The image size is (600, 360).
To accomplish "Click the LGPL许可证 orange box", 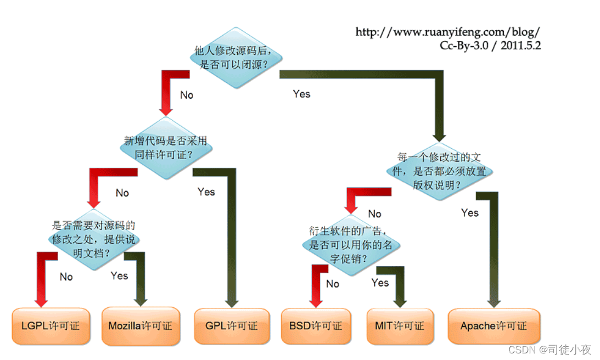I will [x=50, y=326].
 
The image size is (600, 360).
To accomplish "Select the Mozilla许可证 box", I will [x=140, y=326].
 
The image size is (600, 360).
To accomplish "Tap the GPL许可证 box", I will [x=232, y=325].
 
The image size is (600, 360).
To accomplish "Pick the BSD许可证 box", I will [x=316, y=326].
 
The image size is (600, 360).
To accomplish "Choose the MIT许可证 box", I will [x=400, y=326].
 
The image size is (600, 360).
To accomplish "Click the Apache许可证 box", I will [x=494, y=326].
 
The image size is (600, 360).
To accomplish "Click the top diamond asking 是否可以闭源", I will [x=235, y=57].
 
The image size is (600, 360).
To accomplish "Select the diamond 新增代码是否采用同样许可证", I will [x=166, y=148].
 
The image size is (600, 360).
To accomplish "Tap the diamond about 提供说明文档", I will [x=94, y=239].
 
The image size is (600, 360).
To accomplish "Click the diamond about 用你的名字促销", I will [x=351, y=245].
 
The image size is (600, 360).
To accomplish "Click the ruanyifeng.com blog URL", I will [x=448, y=32].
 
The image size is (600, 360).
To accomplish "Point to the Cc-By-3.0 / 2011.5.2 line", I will [x=490, y=46].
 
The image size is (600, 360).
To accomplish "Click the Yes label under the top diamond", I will [x=301, y=94].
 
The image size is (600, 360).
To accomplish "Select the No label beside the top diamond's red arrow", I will [x=187, y=95].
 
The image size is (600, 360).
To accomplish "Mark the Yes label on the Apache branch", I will [x=470, y=212].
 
